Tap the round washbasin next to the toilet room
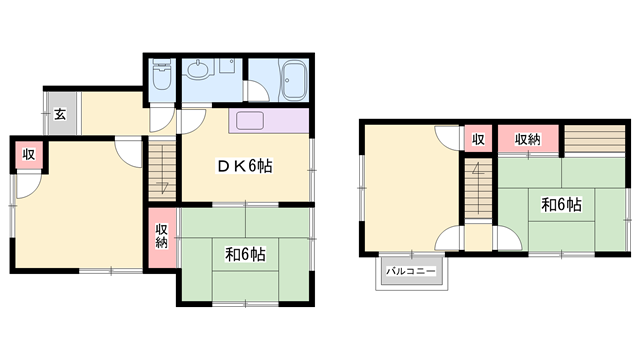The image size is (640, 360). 199,68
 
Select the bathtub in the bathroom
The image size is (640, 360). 293,80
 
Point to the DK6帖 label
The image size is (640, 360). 244,166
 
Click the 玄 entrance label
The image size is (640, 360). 60,114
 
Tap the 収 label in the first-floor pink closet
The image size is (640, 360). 29,155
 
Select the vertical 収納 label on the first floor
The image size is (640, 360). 162,236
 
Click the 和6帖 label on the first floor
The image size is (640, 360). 245,254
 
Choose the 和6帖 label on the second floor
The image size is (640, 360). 561,204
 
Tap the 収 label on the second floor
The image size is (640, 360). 478,139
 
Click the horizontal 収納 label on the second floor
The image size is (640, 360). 527,139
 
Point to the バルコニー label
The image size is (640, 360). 411,271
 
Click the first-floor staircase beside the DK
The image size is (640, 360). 162,170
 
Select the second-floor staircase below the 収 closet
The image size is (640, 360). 478,188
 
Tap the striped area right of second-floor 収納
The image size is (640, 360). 595,139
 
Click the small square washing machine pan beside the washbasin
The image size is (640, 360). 227,66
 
